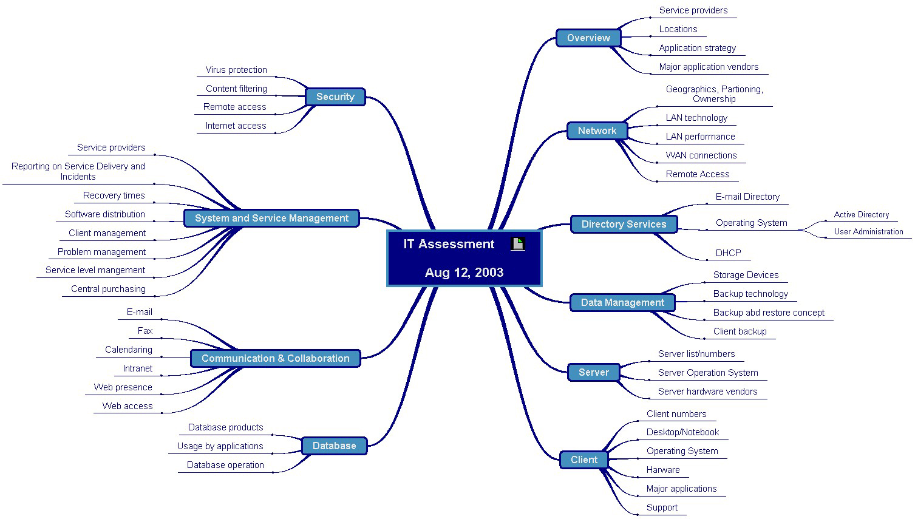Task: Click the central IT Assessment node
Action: [464, 259]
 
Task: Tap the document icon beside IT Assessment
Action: [518, 244]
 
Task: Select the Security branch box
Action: [335, 97]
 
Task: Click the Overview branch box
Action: [588, 38]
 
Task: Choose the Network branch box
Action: [597, 131]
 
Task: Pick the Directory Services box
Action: [624, 224]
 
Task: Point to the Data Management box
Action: [622, 302]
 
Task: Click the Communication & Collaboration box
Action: [275, 358]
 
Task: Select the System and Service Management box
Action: [271, 218]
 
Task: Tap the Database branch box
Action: [334, 446]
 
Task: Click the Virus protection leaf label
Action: [236, 70]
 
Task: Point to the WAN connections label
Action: [701, 155]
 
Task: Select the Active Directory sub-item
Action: [861, 214]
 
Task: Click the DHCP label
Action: [728, 253]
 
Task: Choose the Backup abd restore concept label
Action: [769, 313]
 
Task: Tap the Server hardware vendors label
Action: [707, 392]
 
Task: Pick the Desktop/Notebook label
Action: [682, 432]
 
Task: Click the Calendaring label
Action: [129, 350]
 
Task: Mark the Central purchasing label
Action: [108, 289]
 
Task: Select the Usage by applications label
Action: [220, 446]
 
